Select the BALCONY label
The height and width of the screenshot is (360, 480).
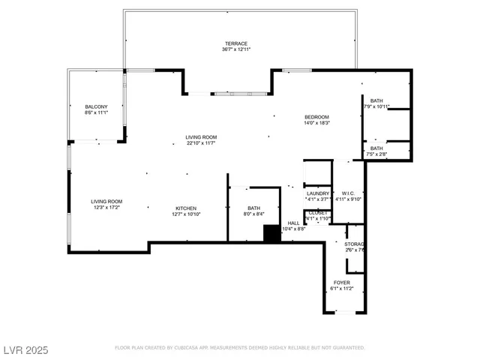tap(96, 106)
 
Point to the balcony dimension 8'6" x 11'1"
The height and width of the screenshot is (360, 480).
tap(96, 112)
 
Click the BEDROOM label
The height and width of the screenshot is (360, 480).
tap(316, 117)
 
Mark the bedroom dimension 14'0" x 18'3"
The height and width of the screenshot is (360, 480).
tap(316, 123)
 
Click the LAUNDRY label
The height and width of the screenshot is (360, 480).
tap(318, 193)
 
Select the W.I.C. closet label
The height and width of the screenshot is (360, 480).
tap(348, 193)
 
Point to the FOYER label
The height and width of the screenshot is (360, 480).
tap(341, 282)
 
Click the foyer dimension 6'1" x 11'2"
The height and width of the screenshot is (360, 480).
tap(341, 288)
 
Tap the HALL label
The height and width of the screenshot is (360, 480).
tap(293, 222)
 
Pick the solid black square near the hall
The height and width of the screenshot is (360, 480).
tap(271, 233)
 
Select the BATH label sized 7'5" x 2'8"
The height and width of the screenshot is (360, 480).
tap(376, 148)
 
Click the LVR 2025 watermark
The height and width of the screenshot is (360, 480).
tap(25, 349)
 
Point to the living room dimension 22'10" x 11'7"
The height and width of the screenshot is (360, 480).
tap(201, 142)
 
